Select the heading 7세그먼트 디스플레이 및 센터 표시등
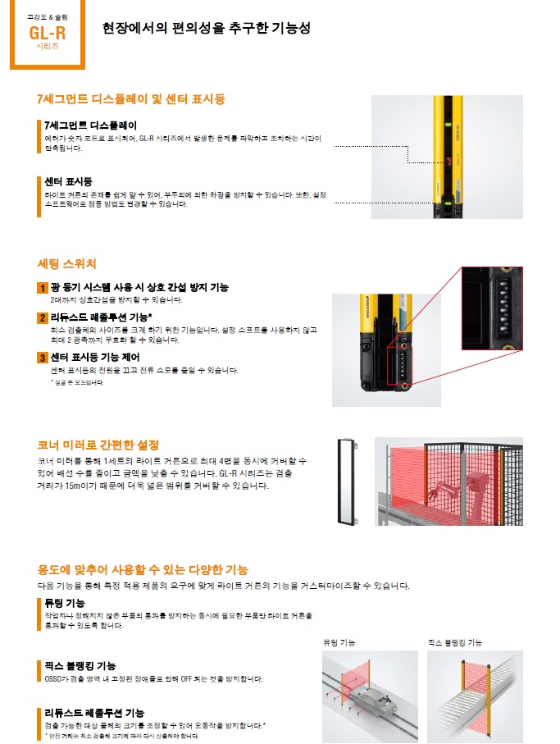(131, 99)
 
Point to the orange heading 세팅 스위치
(67, 264)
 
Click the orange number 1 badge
(43, 288)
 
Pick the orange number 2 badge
(43, 318)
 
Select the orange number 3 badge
(43, 357)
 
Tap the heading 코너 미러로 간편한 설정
(98, 445)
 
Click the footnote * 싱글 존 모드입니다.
(77, 382)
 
